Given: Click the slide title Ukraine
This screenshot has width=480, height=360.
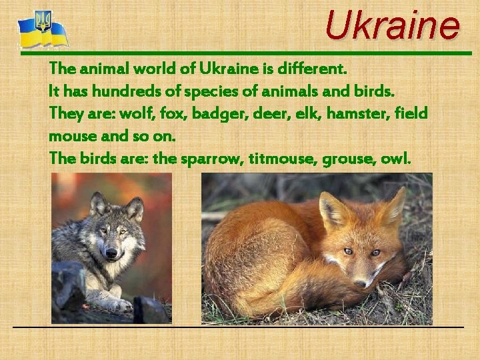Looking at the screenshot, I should pos(392,25).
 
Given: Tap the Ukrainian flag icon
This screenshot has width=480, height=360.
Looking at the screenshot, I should pos(43,30).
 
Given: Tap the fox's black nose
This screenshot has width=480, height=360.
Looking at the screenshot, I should pos(360,283).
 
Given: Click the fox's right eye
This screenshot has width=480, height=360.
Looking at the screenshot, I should pos(375,253).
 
